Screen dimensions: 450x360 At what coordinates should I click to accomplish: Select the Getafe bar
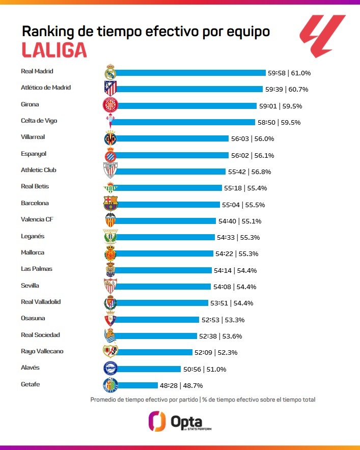137,385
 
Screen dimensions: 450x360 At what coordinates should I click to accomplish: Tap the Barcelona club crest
110,204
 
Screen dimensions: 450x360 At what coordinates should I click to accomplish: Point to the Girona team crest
110,105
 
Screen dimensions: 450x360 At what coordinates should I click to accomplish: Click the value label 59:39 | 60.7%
286,89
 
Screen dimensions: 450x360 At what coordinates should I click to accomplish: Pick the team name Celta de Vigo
39,121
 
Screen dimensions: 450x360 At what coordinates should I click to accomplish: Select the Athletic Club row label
39,170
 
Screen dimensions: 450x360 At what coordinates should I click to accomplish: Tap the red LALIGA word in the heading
54,49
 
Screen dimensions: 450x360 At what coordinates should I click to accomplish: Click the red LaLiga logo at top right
322,36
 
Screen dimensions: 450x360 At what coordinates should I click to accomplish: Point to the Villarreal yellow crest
110,138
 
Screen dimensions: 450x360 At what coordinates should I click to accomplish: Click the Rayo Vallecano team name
42,351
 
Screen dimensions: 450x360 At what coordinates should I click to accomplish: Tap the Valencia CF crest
110,220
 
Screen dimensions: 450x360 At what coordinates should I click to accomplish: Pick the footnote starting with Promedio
203,400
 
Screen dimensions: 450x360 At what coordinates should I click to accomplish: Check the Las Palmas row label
37,269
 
